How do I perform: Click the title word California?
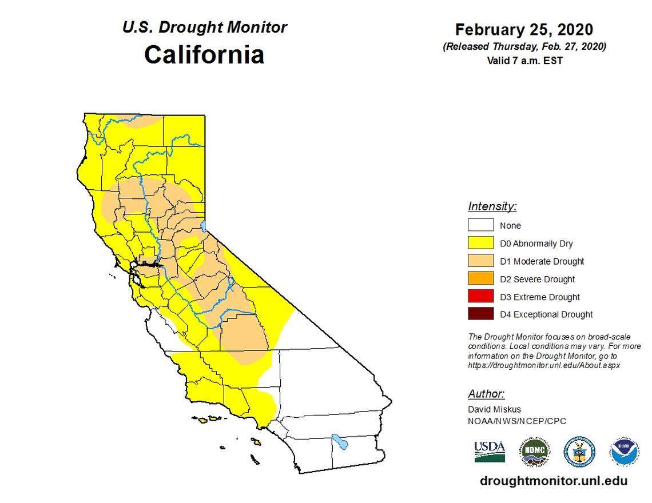(204, 55)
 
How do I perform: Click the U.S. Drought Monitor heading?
(204, 27)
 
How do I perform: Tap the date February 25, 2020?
(524, 30)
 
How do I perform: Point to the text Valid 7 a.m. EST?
(524, 60)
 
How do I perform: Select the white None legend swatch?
(480, 225)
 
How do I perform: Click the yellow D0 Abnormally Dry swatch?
(480, 243)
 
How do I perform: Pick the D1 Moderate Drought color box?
(480, 261)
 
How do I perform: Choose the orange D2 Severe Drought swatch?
(480, 279)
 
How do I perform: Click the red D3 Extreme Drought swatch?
(480, 297)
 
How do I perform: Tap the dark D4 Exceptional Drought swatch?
(480, 314)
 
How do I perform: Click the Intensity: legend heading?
(492, 206)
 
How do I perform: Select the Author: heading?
(486, 394)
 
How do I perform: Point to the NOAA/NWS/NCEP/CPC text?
(516, 421)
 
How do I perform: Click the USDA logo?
(489, 451)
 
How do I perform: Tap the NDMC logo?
(534, 452)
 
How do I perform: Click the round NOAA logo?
(625, 452)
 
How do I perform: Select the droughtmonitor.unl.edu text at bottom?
(553, 481)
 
